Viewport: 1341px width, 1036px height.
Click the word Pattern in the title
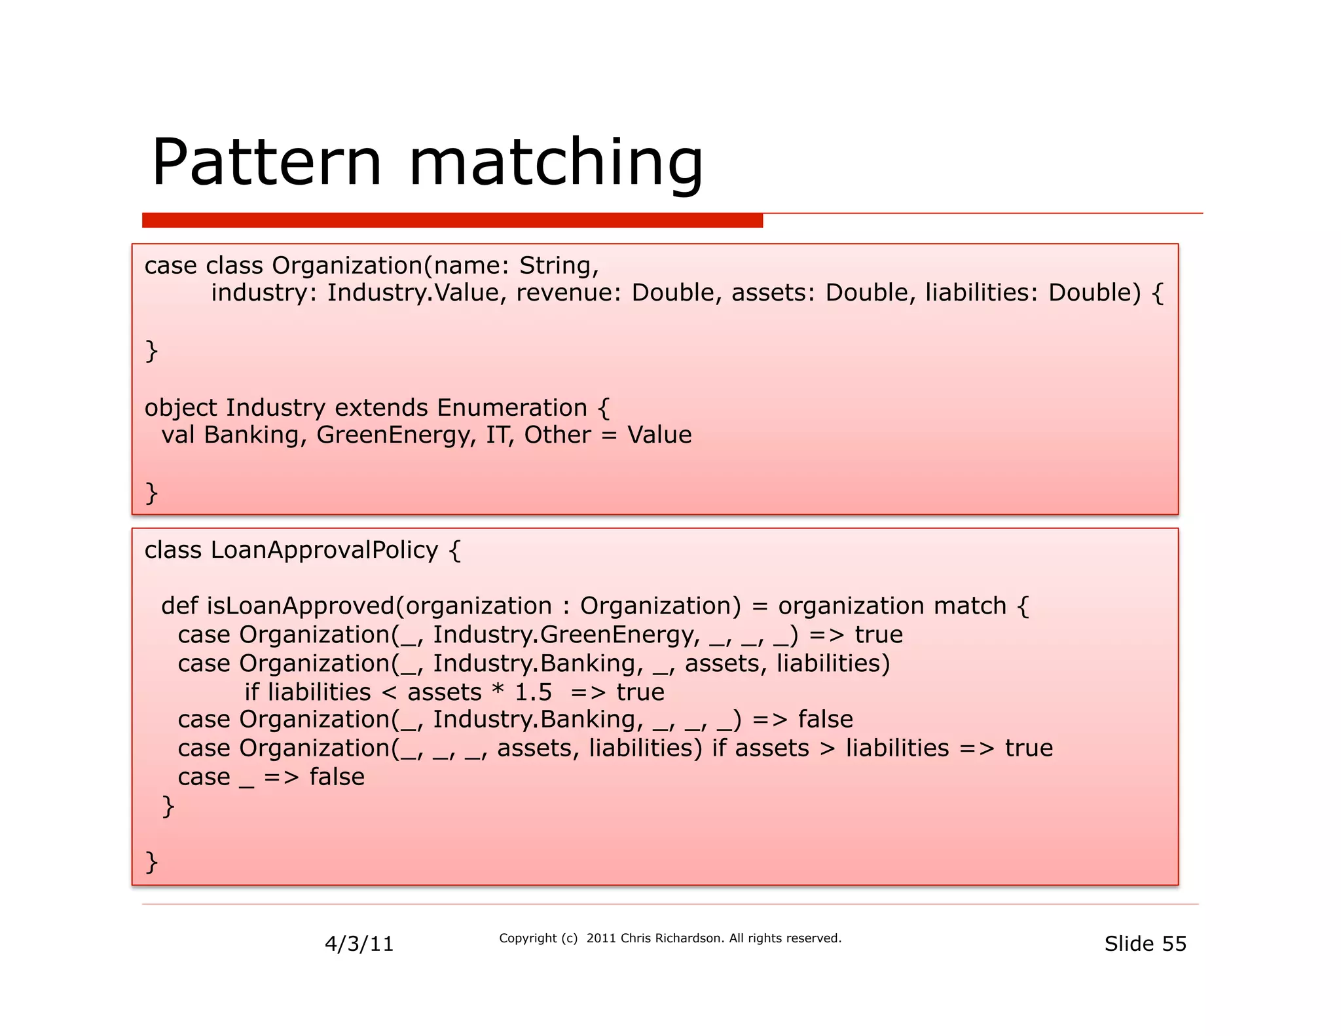[266, 162]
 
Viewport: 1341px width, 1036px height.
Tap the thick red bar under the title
[452, 221]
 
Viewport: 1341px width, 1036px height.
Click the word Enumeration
[512, 408]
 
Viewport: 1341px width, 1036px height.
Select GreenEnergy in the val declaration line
[392, 435]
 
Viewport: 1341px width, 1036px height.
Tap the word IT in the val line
[499, 435]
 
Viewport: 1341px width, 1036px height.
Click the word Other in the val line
[557, 435]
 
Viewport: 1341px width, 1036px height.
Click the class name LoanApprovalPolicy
[323, 550]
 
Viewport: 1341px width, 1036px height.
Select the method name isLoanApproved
[301, 606]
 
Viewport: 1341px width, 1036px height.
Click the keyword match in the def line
[970, 606]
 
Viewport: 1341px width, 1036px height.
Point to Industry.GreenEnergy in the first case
[563, 635]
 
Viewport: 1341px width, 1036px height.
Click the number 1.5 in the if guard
[533, 692]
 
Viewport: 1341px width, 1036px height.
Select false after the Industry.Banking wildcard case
[825, 720]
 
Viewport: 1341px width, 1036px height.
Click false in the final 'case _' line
[337, 777]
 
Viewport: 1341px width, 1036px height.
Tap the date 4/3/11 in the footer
[359, 944]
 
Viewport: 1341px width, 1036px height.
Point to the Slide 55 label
[1145, 944]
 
